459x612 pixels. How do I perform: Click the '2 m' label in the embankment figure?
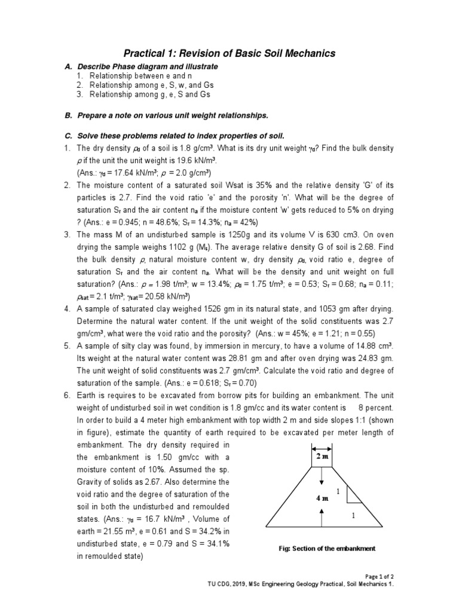click(x=322, y=457)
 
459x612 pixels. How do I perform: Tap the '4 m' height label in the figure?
click(x=322, y=498)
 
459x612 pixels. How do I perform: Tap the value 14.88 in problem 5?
click(x=364, y=347)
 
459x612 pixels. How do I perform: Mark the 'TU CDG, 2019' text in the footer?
click(x=227, y=585)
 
